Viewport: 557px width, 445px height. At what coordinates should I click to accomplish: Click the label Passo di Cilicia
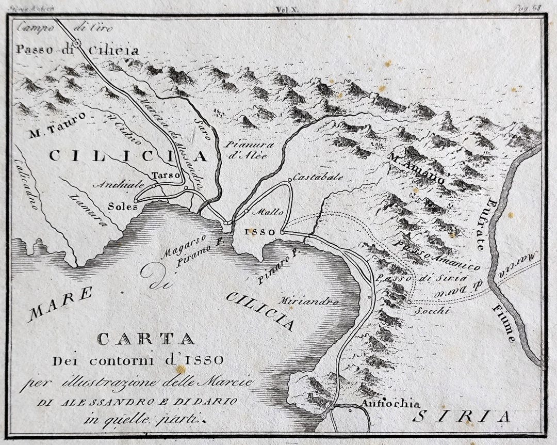tap(77, 51)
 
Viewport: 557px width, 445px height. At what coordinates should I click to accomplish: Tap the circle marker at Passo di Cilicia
tap(77, 44)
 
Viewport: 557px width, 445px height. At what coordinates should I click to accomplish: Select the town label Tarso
tap(166, 176)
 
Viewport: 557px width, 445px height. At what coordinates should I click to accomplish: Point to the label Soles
tap(123, 206)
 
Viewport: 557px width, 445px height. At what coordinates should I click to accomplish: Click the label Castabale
tap(318, 177)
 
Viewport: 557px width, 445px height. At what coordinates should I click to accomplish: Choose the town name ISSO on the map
tap(264, 232)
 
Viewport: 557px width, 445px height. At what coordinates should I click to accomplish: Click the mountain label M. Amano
tap(418, 166)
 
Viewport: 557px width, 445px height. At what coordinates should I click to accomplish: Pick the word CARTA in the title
tap(146, 339)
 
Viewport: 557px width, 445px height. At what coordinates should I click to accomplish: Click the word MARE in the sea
tap(59, 305)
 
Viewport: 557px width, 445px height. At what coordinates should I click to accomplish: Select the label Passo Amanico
tap(437, 256)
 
